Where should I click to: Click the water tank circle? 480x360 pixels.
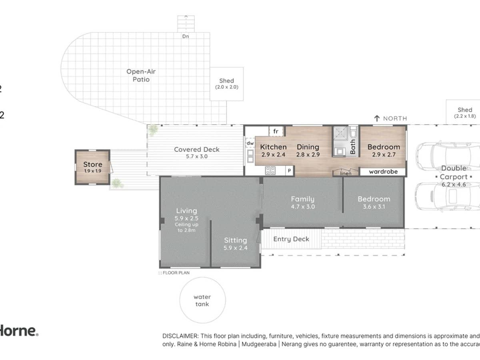(x=202, y=300)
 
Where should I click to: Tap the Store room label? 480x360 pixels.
(x=92, y=164)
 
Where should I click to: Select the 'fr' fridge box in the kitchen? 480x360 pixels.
(x=276, y=131)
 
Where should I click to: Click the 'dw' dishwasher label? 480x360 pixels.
(x=250, y=143)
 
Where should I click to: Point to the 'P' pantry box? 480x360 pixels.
(x=289, y=171)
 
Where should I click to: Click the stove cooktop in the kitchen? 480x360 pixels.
(x=270, y=171)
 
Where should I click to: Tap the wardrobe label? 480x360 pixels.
(x=383, y=172)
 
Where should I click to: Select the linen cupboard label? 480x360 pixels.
(x=346, y=173)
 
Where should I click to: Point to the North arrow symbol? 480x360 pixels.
(x=376, y=118)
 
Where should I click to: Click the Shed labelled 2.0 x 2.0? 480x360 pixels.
(x=226, y=84)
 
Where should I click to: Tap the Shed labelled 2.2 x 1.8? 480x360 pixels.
(x=464, y=112)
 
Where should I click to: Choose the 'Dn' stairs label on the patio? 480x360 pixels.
(x=185, y=36)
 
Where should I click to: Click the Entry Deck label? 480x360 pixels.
(x=291, y=239)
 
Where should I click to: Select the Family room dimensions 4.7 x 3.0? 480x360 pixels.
(x=302, y=207)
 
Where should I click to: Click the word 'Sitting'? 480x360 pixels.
(x=235, y=240)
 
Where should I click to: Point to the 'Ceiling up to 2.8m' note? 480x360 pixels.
(x=186, y=227)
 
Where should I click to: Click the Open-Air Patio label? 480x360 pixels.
(x=141, y=75)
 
